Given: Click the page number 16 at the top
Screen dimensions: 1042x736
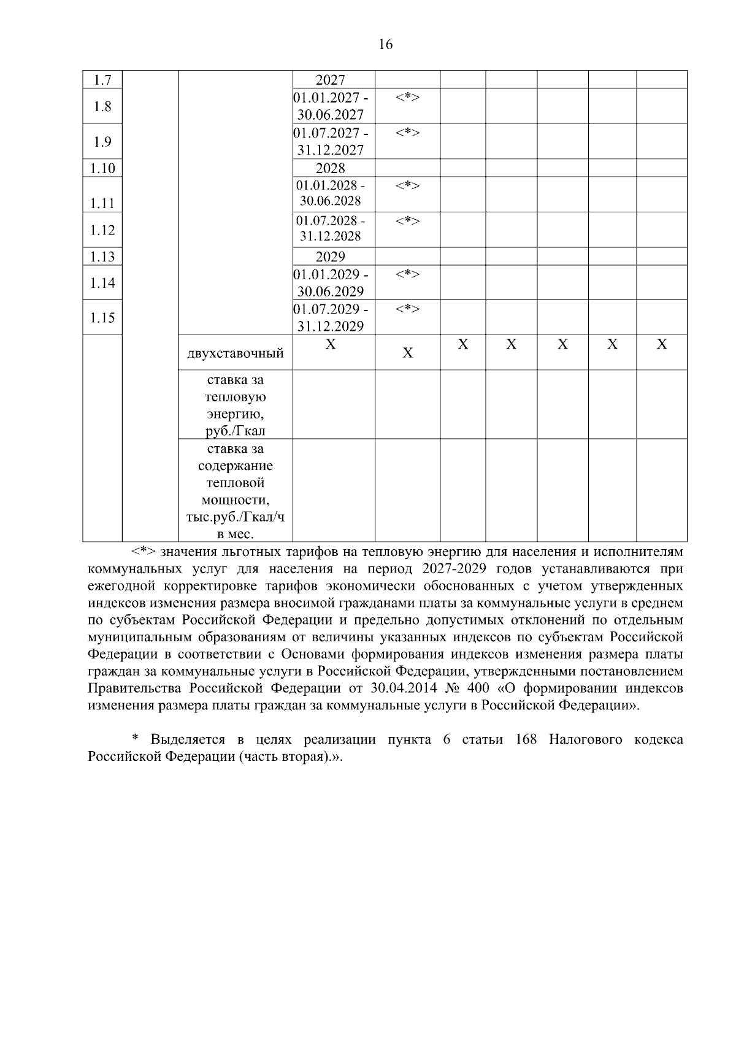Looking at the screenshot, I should point(386,44).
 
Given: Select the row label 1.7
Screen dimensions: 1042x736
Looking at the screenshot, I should point(102,80).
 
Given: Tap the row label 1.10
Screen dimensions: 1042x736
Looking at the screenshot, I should point(102,168).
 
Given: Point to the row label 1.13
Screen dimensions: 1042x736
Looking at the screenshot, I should point(102,257).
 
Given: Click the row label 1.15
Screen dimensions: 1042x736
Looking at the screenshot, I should point(102,318).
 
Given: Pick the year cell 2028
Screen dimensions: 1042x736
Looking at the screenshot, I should point(331,168).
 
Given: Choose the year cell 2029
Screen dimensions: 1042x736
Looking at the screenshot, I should point(331,257).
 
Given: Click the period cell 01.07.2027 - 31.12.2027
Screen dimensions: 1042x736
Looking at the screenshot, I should point(331,141).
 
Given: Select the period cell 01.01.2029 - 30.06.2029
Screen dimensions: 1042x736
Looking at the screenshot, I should point(331,282).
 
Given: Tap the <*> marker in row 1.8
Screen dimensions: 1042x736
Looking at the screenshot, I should point(407,97).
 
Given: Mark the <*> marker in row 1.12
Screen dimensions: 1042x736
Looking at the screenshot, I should point(407,220).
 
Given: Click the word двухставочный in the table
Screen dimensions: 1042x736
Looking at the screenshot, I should point(236,353).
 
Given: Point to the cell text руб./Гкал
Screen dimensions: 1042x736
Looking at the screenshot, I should point(236,431).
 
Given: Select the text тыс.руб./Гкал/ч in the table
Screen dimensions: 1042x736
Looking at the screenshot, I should point(236,517).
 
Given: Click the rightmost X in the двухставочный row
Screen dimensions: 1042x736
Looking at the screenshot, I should point(662,345).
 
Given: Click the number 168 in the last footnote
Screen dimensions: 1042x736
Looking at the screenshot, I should point(526,739).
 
